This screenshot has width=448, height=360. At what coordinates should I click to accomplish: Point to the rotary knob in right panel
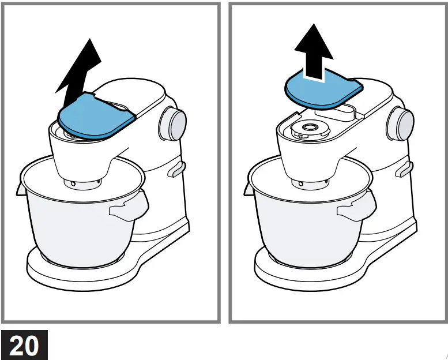(401, 123)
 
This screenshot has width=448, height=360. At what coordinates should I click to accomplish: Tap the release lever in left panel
(176, 170)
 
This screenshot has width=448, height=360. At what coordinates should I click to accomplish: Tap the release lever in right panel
(403, 170)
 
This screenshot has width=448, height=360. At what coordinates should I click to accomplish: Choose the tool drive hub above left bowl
(81, 183)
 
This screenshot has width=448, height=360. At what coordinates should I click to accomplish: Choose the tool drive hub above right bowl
(308, 183)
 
